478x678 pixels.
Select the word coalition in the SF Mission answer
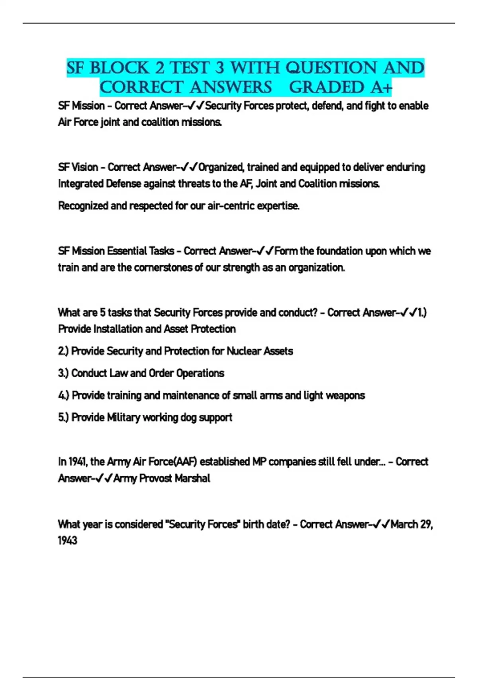pos(160,122)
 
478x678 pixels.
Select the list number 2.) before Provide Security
pos(63,351)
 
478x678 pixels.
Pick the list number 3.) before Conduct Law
pos(63,373)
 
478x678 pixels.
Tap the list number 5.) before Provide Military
pos(63,418)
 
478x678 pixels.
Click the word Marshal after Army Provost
pos(192,478)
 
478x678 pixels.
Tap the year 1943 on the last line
pos(67,541)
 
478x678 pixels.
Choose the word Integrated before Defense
pos(81,183)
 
